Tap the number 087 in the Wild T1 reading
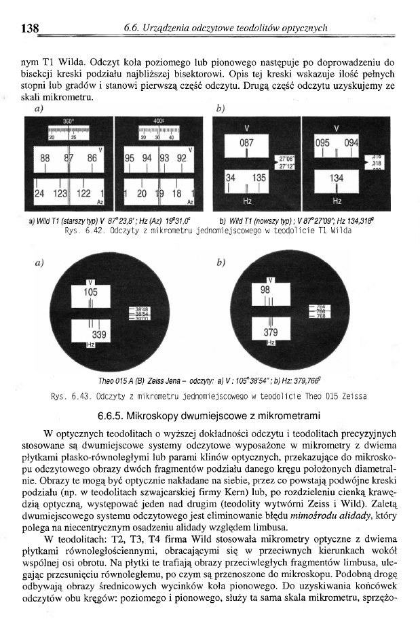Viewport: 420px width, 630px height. point(246,143)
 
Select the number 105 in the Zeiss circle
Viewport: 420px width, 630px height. point(90,291)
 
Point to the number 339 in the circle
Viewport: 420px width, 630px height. point(99,334)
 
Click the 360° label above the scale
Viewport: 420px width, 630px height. point(68,120)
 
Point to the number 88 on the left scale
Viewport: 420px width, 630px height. point(45,157)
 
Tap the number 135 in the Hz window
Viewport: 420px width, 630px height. point(259,177)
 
